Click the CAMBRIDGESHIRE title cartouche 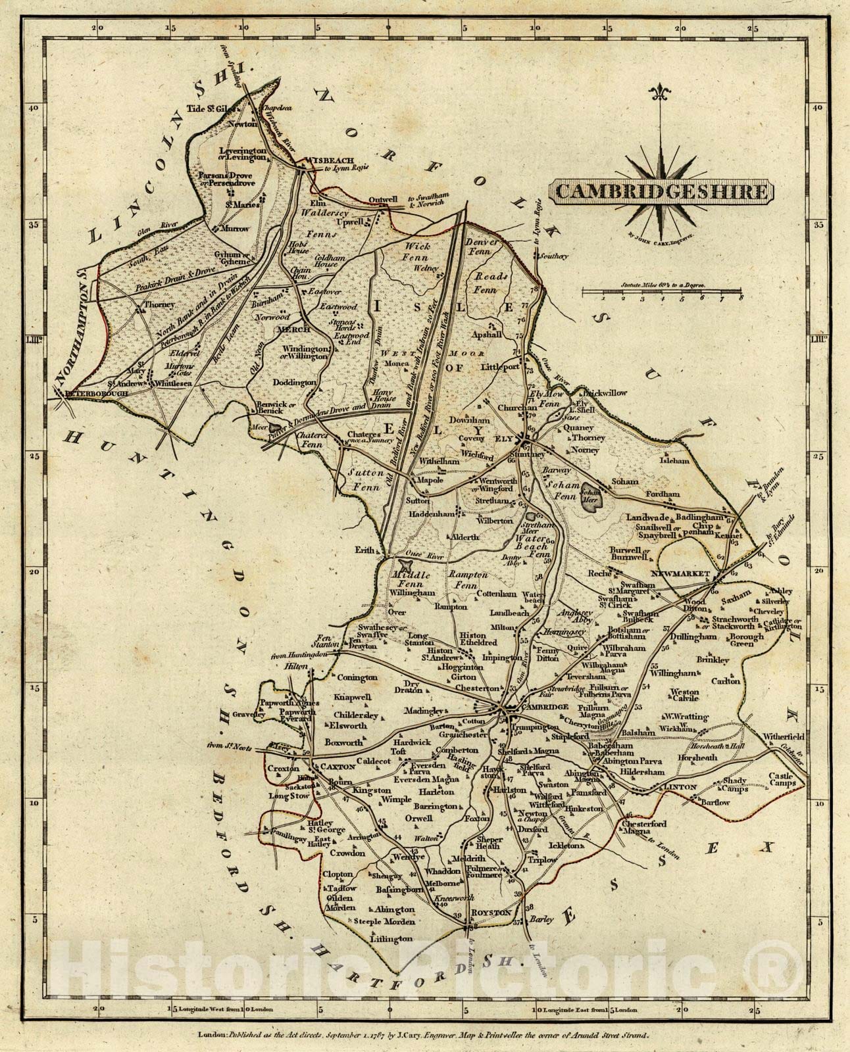[x=661, y=192]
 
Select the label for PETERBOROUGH [x=84, y=393]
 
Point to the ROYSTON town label [x=491, y=913]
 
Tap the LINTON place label [x=680, y=786]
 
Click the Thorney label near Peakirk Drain [x=161, y=304]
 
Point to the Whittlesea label [x=176, y=382]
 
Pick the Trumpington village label [x=532, y=728]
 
